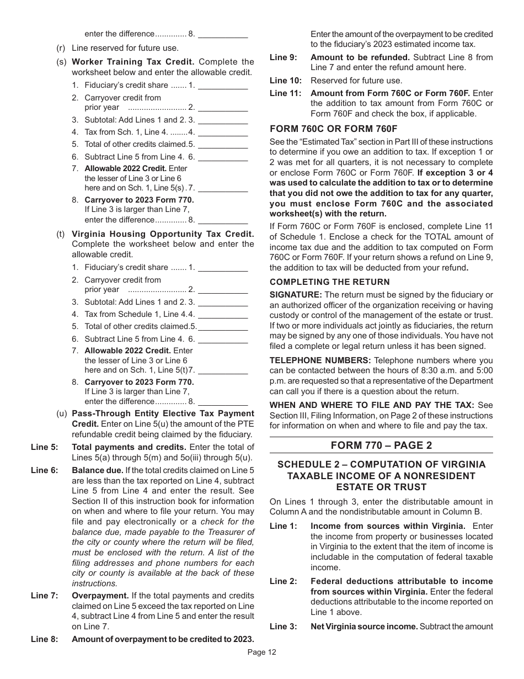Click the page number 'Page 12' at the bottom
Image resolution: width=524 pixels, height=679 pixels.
[261, 652]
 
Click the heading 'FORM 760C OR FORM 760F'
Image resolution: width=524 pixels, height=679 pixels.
[333, 129]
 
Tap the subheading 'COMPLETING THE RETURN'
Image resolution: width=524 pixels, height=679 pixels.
[329, 282]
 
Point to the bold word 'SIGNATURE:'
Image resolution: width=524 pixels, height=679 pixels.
[295, 295]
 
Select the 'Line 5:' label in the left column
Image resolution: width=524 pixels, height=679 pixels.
[44, 447]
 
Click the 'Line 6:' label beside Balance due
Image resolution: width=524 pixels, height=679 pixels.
[44, 470]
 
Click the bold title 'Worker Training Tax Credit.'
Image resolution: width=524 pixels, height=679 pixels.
[133, 62]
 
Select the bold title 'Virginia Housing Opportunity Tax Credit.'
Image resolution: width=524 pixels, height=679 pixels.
[163, 234]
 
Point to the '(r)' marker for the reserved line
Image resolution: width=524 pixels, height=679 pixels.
[61, 48]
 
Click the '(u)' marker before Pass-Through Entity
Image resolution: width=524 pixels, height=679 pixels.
[62, 413]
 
